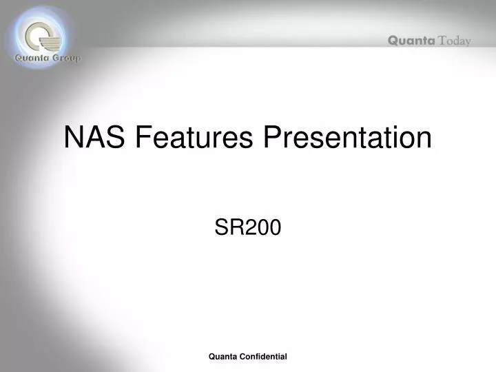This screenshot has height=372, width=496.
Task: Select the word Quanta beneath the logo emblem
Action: [x=31, y=59]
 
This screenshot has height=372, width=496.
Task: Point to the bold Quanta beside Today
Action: [x=411, y=41]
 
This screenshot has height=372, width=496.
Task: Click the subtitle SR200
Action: [x=247, y=228]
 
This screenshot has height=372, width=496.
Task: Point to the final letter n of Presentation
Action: [x=424, y=140]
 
